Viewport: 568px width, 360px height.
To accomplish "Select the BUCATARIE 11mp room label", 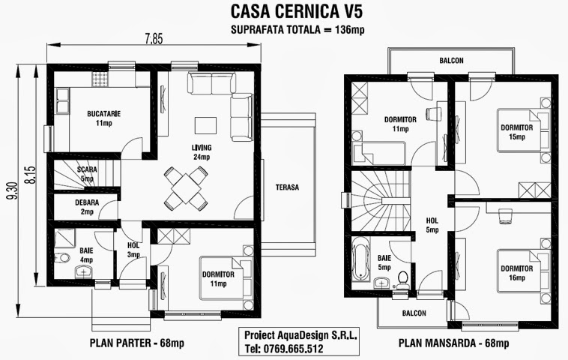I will (104, 118).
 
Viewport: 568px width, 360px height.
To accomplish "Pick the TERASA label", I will (287, 187).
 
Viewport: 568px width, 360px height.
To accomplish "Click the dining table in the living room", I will (185, 187).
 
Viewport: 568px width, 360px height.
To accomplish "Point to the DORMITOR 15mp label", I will (516, 132).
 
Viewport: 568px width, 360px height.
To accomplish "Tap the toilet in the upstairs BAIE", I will (404, 277).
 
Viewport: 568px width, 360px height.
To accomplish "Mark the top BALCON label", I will (451, 61).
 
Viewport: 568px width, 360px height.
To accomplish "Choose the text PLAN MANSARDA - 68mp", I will (454, 344).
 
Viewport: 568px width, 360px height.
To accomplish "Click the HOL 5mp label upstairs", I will (432, 225).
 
